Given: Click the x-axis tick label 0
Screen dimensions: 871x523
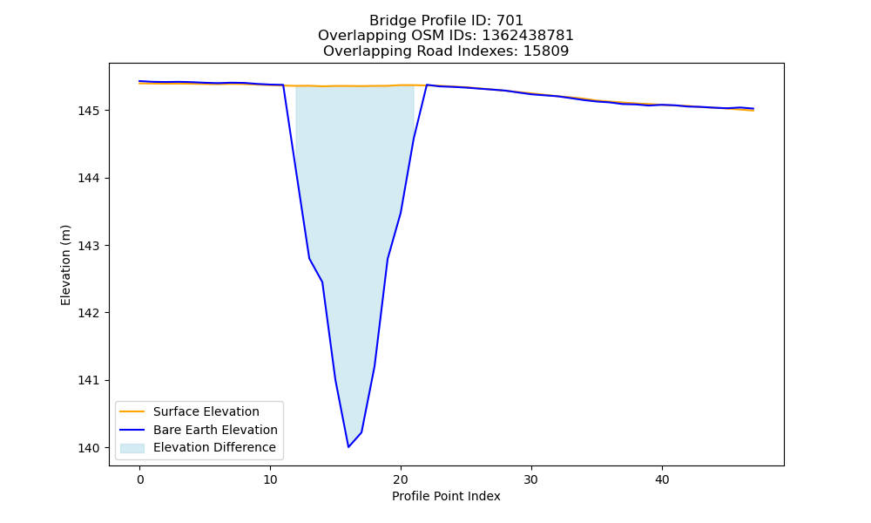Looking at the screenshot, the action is coord(140,479).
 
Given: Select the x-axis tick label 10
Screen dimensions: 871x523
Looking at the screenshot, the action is coord(271,479).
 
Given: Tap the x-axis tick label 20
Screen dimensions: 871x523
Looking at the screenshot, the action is coord(401,479).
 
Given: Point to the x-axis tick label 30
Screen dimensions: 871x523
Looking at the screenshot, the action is coord(531,479).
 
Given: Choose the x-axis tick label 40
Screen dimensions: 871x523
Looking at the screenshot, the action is coord(662,479).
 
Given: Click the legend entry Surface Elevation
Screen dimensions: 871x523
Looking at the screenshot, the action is coord(206,411).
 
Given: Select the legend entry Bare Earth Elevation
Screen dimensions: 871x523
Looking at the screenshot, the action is coord(215,430).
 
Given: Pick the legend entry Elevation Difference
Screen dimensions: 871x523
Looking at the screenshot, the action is coord(214,447).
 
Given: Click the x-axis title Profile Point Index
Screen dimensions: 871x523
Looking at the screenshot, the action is coord(446,496).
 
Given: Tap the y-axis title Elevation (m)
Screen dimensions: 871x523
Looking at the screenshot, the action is coord(66,265).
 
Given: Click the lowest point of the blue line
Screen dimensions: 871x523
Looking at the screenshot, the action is coord(348,447).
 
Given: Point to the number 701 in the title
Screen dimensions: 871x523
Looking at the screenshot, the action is coord(510,21).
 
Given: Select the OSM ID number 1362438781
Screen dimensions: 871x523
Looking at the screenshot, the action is coord(527,36).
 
